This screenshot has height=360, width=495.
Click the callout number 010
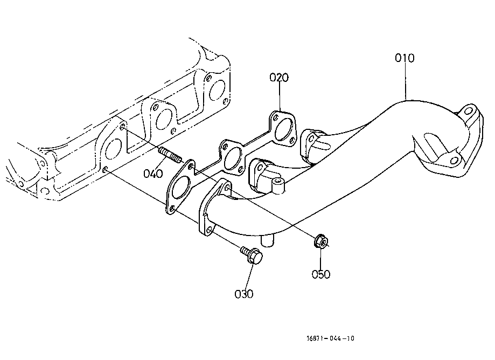click(x=405, y=58)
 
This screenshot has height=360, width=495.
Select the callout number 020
click(x=279, y=78)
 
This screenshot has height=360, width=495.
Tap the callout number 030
click(x=243, y=294)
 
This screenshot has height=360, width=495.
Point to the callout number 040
click(x=153, y=174)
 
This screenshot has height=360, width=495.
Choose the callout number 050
click(x=321, y=274)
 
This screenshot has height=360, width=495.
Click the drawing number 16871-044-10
click(x=330, y=338)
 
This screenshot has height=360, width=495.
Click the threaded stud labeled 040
click(x=170, y=155)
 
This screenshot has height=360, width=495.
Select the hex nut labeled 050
click(x=320, y=241)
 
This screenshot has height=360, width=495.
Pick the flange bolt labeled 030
click(x=252, y=254)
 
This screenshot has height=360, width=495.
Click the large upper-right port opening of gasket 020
click(x=283, y=129)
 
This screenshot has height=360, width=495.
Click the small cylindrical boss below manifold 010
click(x=268, y=241)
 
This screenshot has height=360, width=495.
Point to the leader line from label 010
click(x=406, y=81)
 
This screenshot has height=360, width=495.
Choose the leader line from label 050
click(x=321, y=258)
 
